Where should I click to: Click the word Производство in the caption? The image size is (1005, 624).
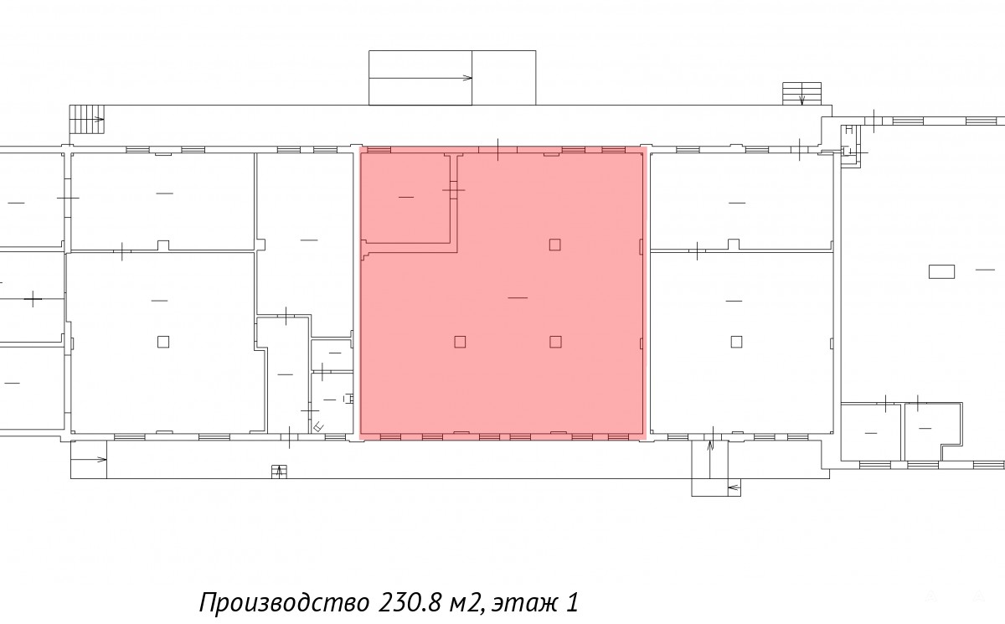pos(285,602)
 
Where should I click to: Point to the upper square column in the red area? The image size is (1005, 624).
pos(555,245)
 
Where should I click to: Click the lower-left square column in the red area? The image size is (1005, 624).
pos(460,342)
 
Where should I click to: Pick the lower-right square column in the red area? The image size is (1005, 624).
pos(555,342)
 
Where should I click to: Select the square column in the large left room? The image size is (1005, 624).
pos(163,342)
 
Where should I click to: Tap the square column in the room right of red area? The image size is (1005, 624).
pos(736,342)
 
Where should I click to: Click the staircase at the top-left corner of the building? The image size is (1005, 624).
pos(87,119)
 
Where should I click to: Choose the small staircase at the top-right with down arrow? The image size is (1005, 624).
pos(802,93)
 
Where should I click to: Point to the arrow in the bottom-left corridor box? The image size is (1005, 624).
pos(89,459)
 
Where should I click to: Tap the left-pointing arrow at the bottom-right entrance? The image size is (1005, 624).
pos(734,487)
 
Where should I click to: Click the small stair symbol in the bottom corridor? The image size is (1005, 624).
pos(279,472)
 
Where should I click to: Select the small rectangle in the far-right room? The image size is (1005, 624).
pos(941,271)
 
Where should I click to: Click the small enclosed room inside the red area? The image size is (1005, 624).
pos(405,198)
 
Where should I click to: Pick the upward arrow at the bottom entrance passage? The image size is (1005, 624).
pos(710,459)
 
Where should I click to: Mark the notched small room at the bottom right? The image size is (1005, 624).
pos(933,431)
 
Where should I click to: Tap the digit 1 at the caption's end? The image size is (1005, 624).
pos(572,602)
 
